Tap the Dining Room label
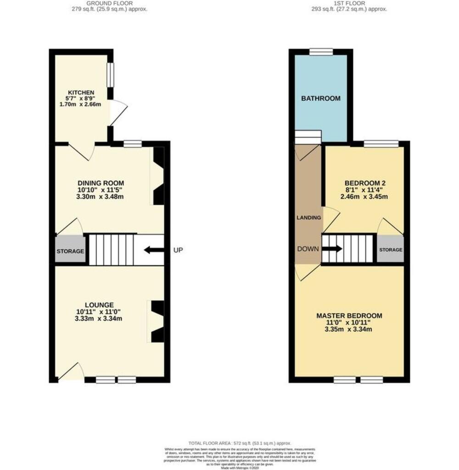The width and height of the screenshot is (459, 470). click(101, 183)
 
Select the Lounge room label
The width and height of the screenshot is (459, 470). click(99, 304)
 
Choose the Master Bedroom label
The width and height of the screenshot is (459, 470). click(349, 316)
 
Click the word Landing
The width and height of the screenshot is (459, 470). click(308, 218)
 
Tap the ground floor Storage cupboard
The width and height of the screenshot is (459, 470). click(70, 251)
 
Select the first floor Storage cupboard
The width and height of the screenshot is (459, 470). click(390, 250)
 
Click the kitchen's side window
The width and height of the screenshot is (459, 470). click(110, 74)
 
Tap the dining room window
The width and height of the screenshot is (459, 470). click(132, 144)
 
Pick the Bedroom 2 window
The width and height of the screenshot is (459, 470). click(381, 144)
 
